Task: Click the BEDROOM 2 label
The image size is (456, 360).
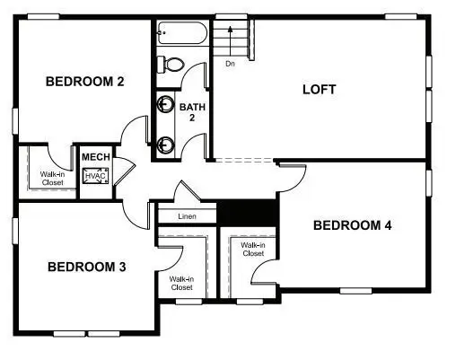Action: click(84, 82)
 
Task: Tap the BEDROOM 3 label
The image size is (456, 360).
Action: click(86, 267)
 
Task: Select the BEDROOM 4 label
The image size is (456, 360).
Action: click(352, 225)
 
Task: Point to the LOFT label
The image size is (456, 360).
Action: click(319, 89)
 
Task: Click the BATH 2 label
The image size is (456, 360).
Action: click(192, 112)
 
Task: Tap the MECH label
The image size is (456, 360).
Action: click(95, 157)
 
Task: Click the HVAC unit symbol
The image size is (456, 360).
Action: click(95, 176)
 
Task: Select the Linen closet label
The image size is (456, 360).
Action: click(187, 216)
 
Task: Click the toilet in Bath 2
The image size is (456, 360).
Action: click(170, 64)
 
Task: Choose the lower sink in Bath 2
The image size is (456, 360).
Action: click(165, 143)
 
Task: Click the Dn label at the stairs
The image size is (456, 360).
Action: click(231, 64)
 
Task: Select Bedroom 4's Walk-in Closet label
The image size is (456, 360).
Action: click(252, 249)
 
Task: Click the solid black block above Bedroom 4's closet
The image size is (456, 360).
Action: click(249, 212)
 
